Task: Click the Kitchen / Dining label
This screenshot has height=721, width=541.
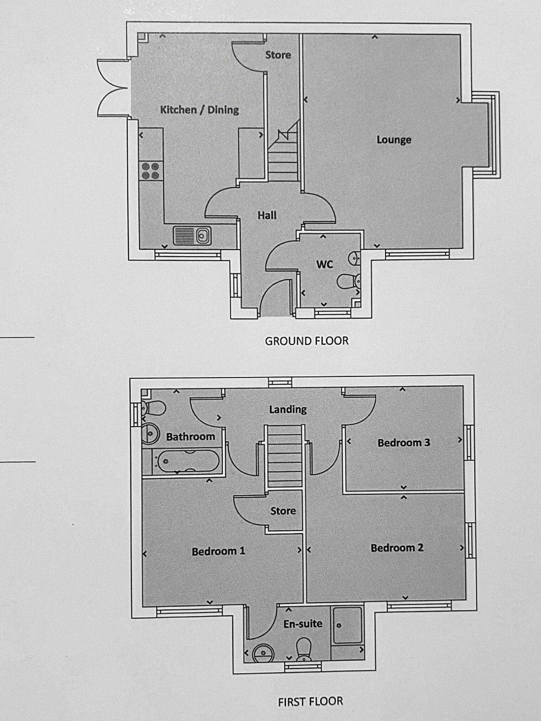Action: tap(199, 110)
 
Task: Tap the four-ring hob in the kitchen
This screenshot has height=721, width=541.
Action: tap(151, 171)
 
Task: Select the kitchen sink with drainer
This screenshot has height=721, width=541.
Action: tap(192, 236)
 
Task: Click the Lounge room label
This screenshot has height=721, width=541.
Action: tap(394, 140)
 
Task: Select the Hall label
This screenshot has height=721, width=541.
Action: tap(267, 215)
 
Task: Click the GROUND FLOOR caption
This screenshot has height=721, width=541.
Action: tap(306, 341)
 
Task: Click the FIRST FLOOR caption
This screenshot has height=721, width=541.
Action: tap(310, 701)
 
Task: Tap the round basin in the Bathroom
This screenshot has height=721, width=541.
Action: tap(150, 434)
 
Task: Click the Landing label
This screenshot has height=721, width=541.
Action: tap(287, 409)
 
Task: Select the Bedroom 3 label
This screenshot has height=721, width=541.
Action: tap(404, 443)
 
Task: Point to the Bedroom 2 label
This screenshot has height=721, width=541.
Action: tap(397, 548)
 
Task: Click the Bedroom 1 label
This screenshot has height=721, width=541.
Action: tap(218, 551)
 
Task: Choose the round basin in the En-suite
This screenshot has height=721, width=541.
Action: tap(263, 653)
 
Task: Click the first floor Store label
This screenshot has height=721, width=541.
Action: tap(283, 511)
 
